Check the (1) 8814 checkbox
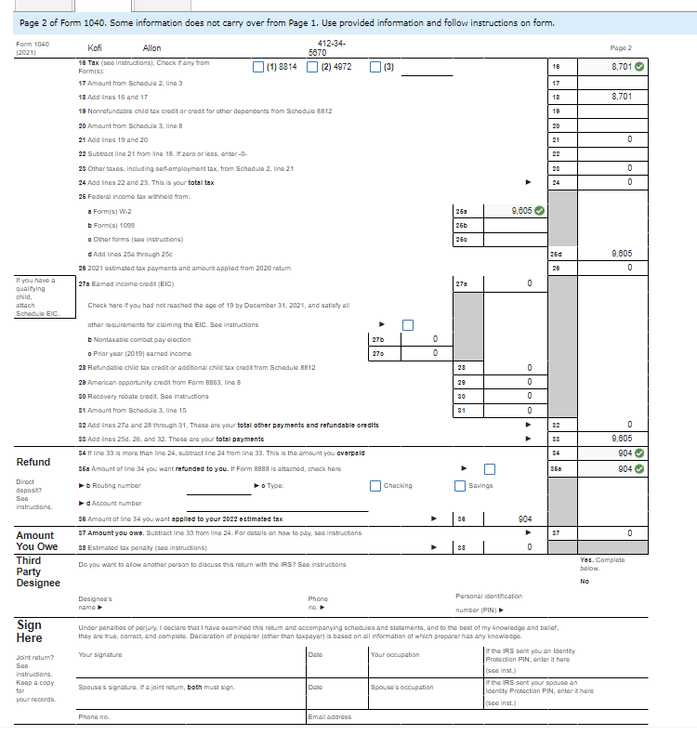click(x=258, y=67)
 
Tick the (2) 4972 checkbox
click(x=313, y=67)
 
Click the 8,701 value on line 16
click(x=622, y=67)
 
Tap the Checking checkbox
click(x=375, y=485)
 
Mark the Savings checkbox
click(x=460, y=485)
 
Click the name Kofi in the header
click(x=95, y=47)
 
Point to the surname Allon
click(x=151, y=47)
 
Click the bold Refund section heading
click(x=33, y=462)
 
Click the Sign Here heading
click(x=29, y=632)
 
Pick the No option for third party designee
click(x=585, y=581)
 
